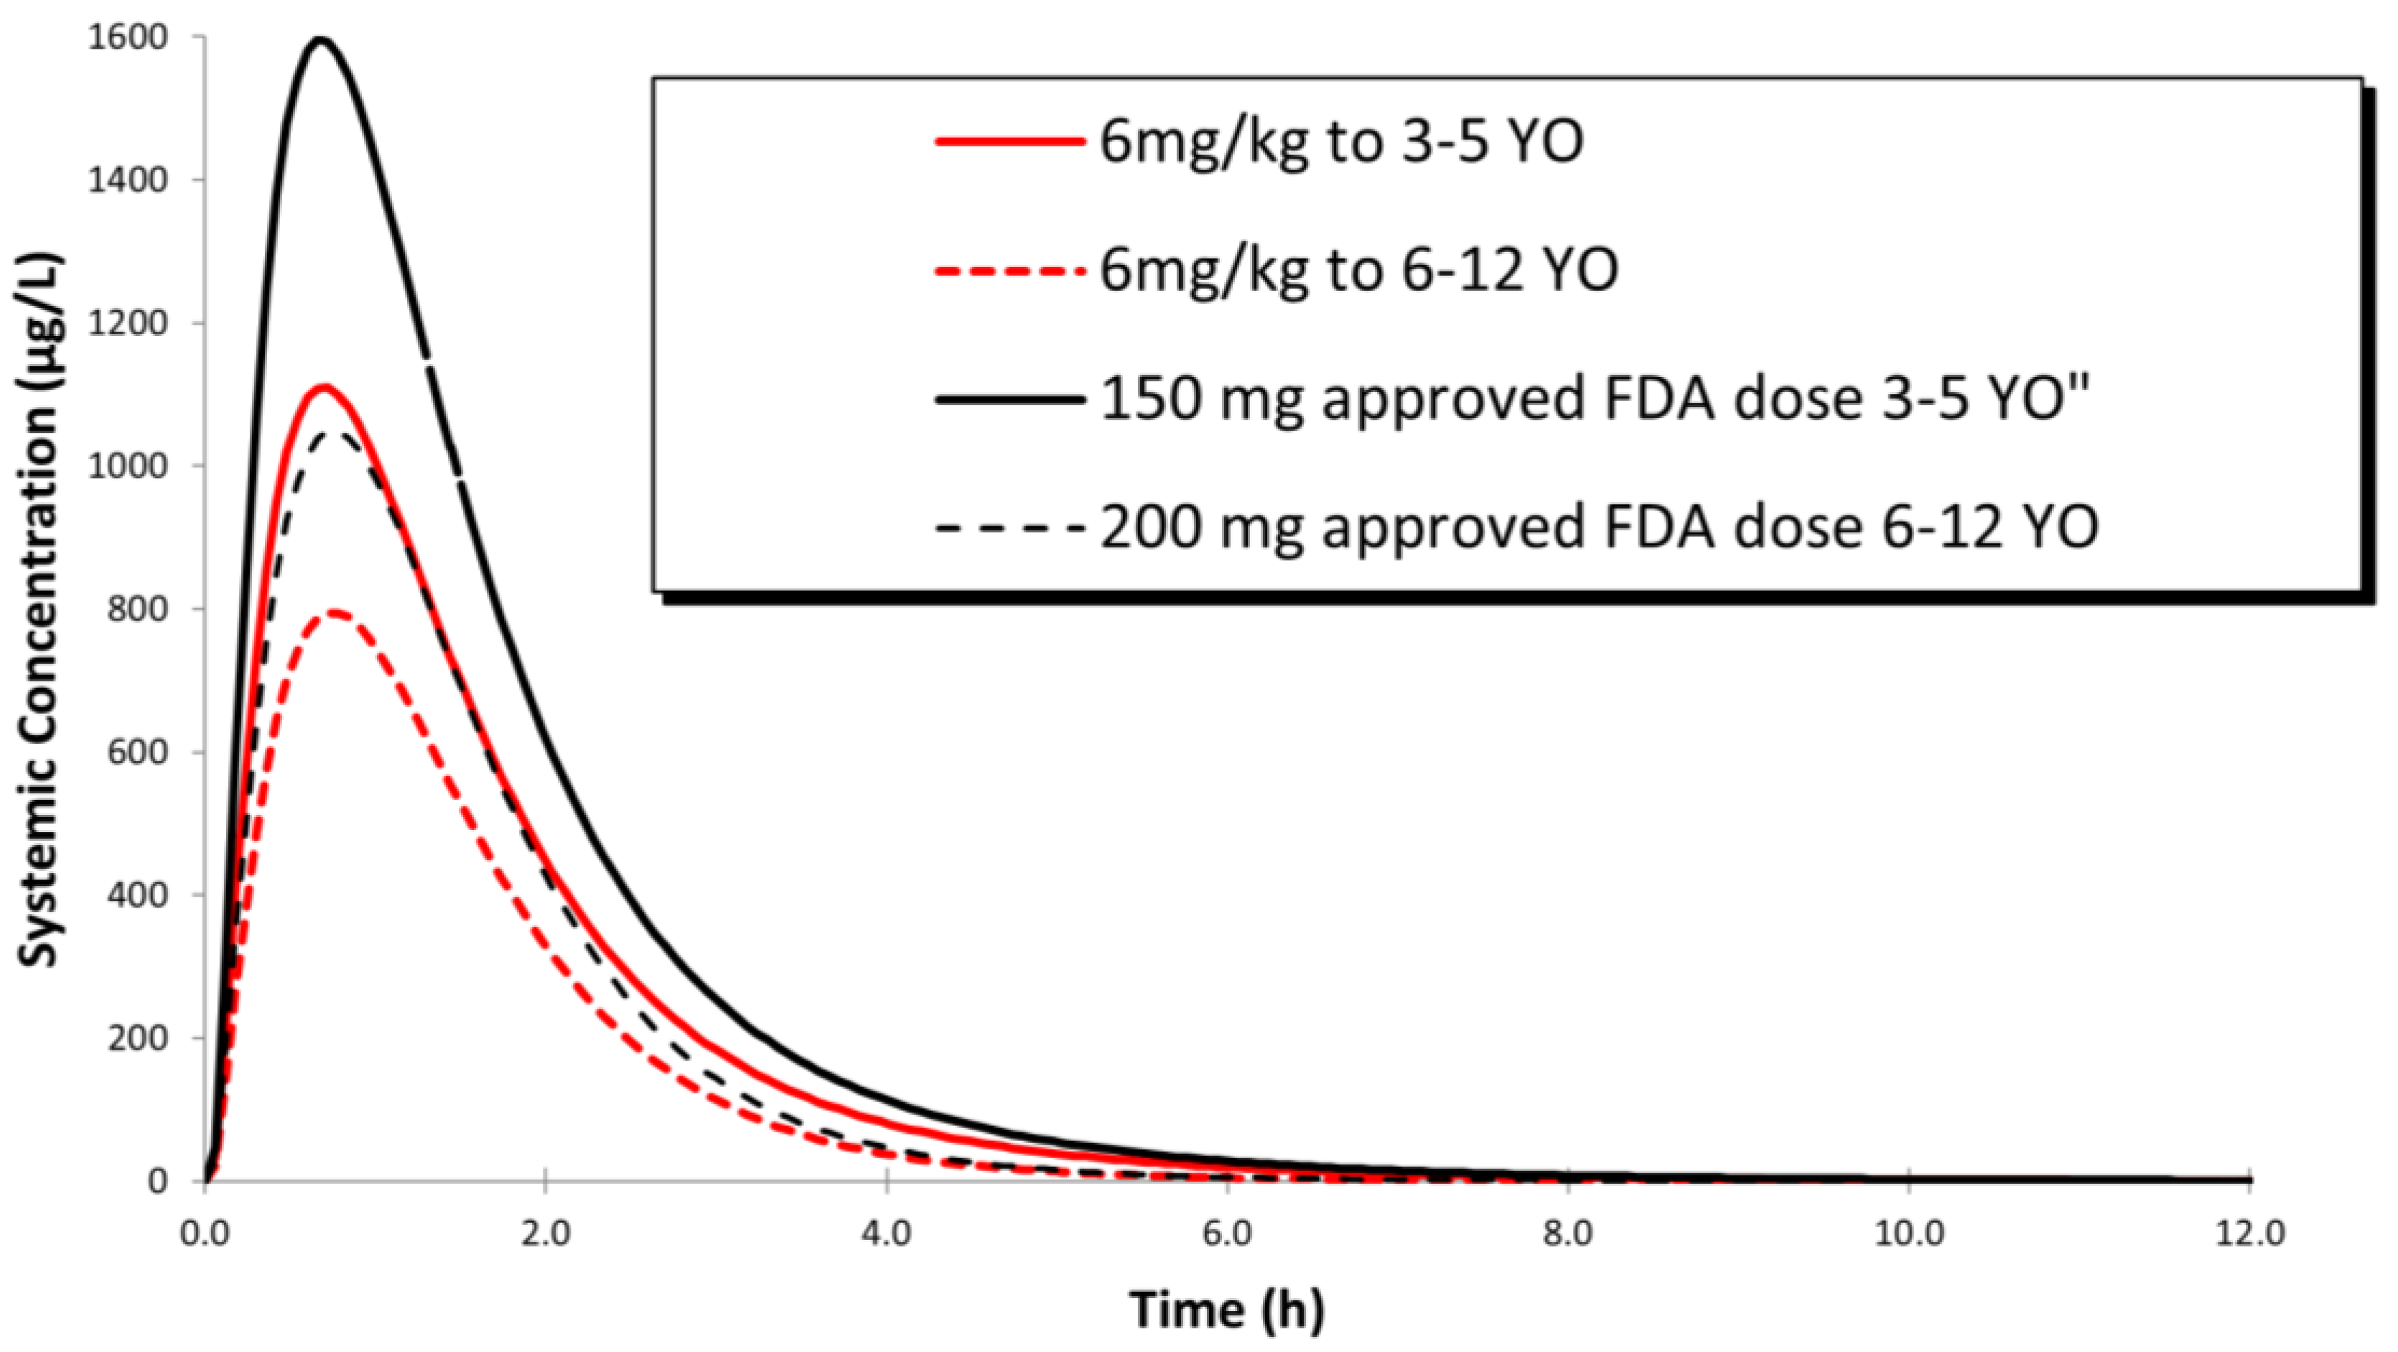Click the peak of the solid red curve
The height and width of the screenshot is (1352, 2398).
coord(324,386)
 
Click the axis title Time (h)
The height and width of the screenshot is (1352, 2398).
coord(1227,1309)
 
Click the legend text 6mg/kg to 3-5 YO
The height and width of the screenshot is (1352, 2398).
coord(1341,142)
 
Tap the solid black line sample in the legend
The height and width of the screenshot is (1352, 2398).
coord(1010,399)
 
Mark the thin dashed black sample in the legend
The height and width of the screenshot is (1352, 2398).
coord(1010,528)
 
